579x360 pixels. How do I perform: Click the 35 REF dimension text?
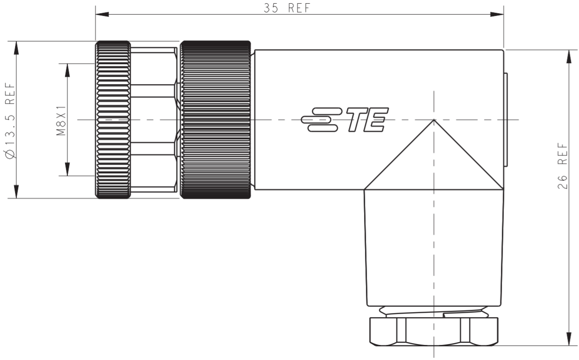tap(287, 8)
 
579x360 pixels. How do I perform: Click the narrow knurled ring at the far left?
tap(113, 120)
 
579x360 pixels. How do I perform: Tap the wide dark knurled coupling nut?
tap(215, 120)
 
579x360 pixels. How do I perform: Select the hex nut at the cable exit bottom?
tap(434, 331)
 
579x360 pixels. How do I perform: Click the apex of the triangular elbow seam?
tap(434, 120)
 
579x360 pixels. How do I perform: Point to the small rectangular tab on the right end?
tap(505, 120)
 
